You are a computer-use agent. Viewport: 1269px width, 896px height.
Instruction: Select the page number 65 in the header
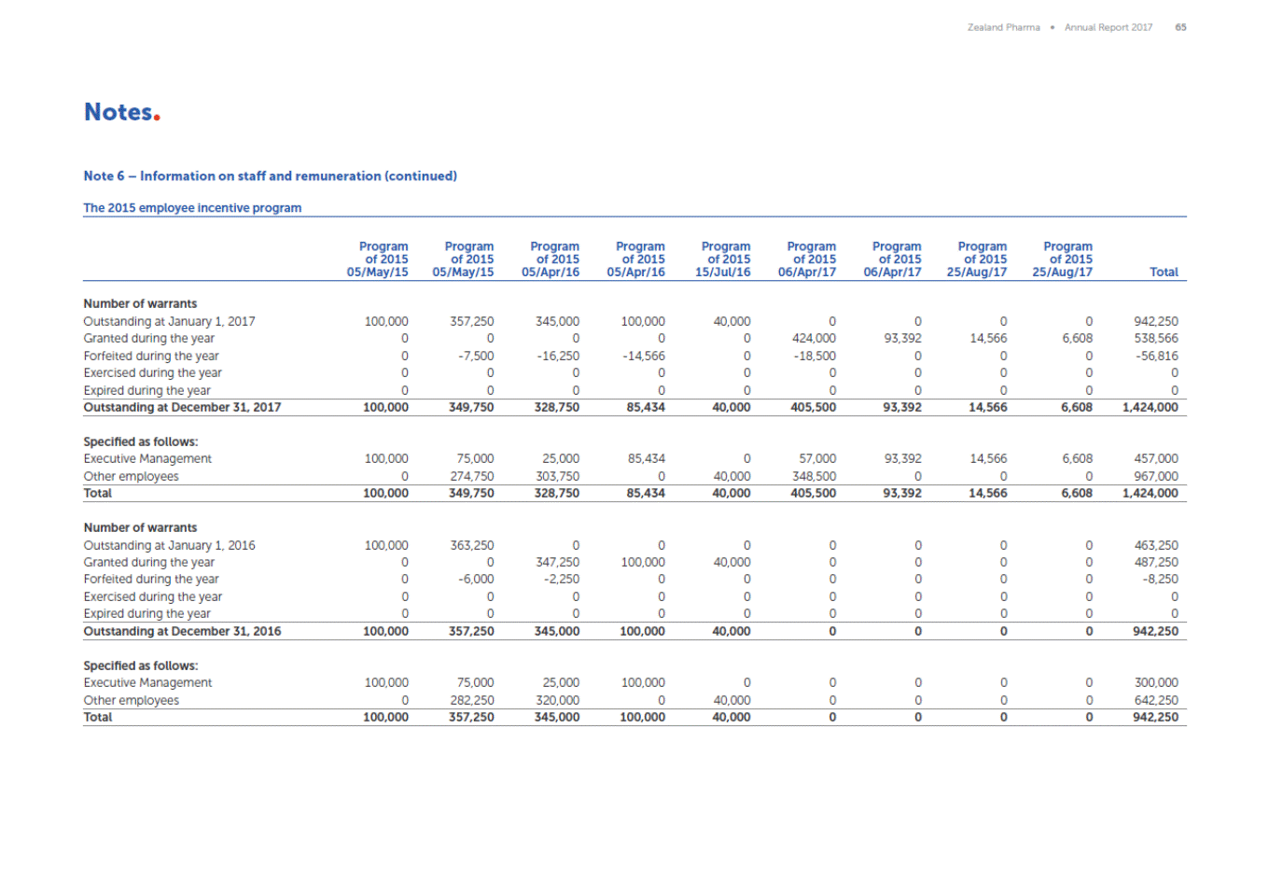pyautogui.click(x=1180, y=27)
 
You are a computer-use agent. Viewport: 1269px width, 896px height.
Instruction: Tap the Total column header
pyautogui.click(x=1164, y=273)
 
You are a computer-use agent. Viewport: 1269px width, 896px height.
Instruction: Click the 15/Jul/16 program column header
pyautogui.click(x=723, y=259)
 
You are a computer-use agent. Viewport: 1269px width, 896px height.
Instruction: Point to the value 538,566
pyautogui.click(x=1156, y=339)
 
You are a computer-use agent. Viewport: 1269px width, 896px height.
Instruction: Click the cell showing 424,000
pyautogui.click(x=814, y=339)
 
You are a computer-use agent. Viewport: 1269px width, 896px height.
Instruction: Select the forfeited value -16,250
pyautogui.click(x=558, y=356)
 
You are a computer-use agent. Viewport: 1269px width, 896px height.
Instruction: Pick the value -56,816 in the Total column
pyautogui.click(x=1156, y=356)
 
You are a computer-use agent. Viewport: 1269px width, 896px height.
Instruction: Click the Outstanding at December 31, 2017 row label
pyautogui.click(x=182, y=408)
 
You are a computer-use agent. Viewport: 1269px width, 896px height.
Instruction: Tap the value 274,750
pyautogui.click(x=472, y=476)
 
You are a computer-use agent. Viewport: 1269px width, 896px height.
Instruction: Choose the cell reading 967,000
pyautogui.click(x=1155, y=476)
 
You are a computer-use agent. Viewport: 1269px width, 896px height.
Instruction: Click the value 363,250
pyautogui.click(x=472, y=545)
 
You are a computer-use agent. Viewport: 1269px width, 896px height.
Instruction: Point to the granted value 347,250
pyautogui.click(x=557, y=563)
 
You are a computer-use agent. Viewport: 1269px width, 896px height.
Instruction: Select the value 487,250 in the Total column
pyautogui.click(x=1155, y=563)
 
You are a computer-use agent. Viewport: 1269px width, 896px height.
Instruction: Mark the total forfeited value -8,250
pyautogui.click(x=1160, y=580)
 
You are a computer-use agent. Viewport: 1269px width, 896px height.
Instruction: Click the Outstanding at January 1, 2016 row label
pyautogui.click(x=169, y=545)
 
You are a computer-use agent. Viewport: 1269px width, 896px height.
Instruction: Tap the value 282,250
pyautogui.click(x=472, y=700)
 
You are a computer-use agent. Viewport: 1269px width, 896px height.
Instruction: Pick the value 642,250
pyautogui.click(x=1155, y=700)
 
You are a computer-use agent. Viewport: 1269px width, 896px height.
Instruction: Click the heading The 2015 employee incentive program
pyautogui.click(x=192, y=208)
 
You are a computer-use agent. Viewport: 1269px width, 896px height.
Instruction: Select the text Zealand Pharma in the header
pyautogui.click(x=1003, y=27)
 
